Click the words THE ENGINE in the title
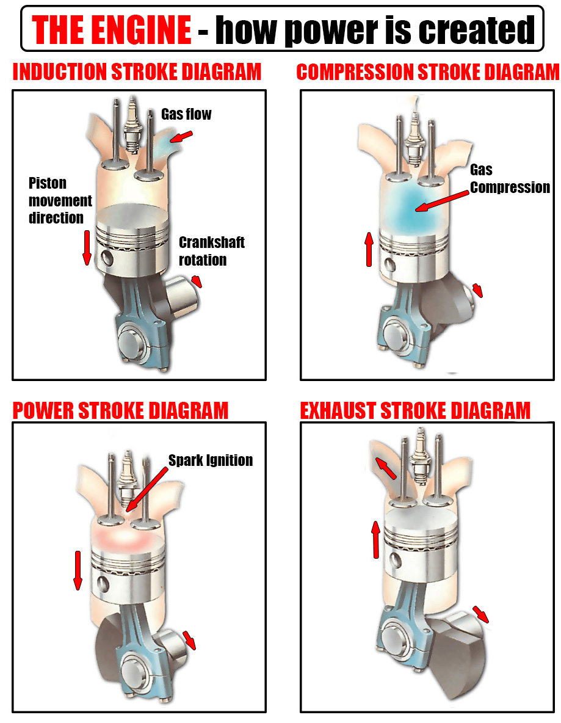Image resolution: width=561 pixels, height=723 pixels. click(111, 29)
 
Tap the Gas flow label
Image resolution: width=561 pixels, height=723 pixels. click(186, 114)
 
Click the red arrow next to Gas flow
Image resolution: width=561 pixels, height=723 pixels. click(181, 137)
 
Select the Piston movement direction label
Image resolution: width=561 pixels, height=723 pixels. click(60, 200)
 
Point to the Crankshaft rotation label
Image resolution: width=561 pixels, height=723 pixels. click(212, 251)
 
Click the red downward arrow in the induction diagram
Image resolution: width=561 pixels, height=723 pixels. click(87, 247)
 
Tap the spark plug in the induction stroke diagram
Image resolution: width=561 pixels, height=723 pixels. click(132, 125)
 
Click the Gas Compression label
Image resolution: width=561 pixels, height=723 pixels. click(510, 178)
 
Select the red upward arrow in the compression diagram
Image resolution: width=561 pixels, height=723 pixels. click(369, 249)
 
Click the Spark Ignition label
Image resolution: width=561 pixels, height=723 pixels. click(211, 460)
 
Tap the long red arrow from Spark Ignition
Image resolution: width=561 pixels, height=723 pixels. click(147, 489)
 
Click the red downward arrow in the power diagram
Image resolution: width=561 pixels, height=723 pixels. click(78, 570)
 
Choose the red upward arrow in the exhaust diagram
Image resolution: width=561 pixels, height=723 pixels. click(375, 539)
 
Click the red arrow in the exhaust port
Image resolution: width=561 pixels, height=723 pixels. click(385, 468)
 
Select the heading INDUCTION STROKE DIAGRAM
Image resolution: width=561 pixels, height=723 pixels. click(137, 72)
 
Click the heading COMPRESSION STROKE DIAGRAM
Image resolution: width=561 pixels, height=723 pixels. click(428, 72)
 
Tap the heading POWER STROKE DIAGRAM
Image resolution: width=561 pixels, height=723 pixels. click(120, 410)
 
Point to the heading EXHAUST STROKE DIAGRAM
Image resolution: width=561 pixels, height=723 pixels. click(415, 410)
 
